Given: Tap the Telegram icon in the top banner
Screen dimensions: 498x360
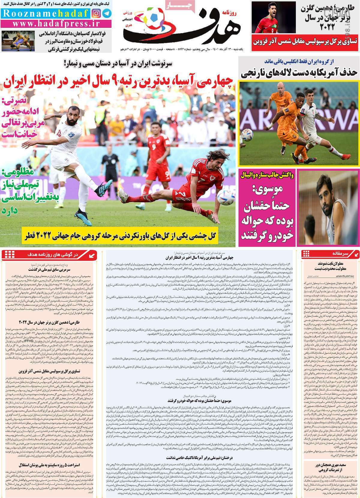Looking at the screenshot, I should coord(107,13).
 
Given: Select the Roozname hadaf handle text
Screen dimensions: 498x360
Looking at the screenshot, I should coord(45,13).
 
